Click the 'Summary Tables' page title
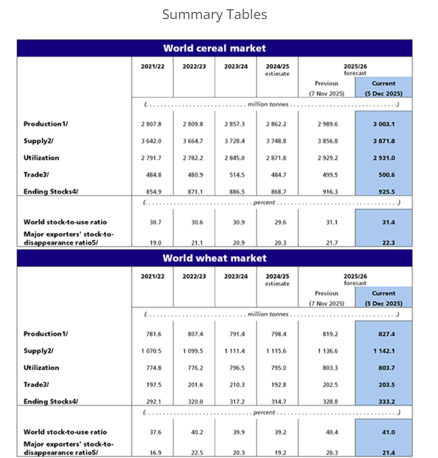pyautogui.click(x=214, y=15)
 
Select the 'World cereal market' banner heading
pyautogui.click(x=214, y=48)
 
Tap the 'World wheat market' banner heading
pyautogui.click(x=214, y=258)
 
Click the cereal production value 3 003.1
pyautogui.click(x=384, y=124)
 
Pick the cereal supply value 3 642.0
pyautogui.click(x=152, y=141)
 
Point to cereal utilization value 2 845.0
pyautogui.click(x=235, y=158)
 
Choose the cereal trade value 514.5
pyautogui.click(x=235, y=175)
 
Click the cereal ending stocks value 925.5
pyautogui.click(x=384, y=192)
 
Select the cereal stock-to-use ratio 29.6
pyautogui.click(x=277, y=222)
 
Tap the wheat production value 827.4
pyautogui.click(x=384, y=334)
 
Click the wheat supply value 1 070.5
pyautogui.click(x=152, y=351)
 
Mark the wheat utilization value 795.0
pyautogui.click(x=277, y=368)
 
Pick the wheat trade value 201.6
pyautogui.click(x=194, y=384)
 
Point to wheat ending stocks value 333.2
pyautogui.click(x=384, y=401)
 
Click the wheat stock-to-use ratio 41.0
pyautogui.click(x=384, y=432)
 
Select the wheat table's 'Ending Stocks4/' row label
pyautogui.click(x=51, y=401)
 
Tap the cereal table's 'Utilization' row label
pyautogui.click(x=41, y=158)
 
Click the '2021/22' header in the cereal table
pyautogui.click(x=152, y=66)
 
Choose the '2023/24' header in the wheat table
pyautogui.click(x=235, y=276)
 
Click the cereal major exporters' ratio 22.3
pyautogui.click(x=384, y=243)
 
